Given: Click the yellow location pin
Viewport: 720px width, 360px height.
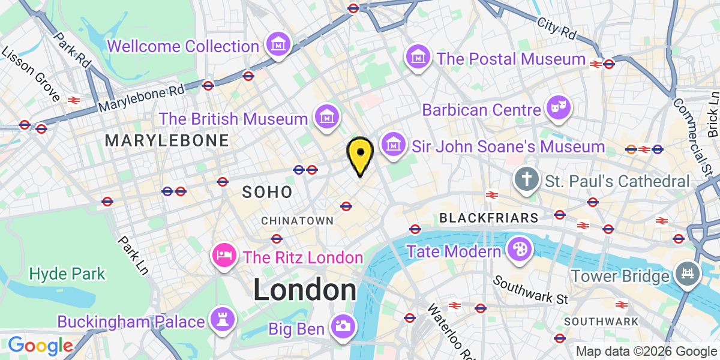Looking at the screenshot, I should pos(360,154).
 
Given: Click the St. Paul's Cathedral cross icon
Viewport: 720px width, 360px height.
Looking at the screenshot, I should pos(526,179).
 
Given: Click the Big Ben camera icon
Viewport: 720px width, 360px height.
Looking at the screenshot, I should pos(343,327).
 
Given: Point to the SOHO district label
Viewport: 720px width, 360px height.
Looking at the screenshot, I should pos(267,192).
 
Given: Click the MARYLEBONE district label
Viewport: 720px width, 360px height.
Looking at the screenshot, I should pos(167,141).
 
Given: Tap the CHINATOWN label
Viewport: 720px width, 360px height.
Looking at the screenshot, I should pos(297,221).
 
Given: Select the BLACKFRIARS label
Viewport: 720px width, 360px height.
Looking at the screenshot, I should pos(489,217).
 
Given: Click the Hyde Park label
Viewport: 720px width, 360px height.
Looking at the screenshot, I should pos(67,274).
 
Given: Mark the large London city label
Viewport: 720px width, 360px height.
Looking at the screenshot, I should pos(305,290).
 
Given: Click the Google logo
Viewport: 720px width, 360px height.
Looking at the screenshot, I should pos(40,346).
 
